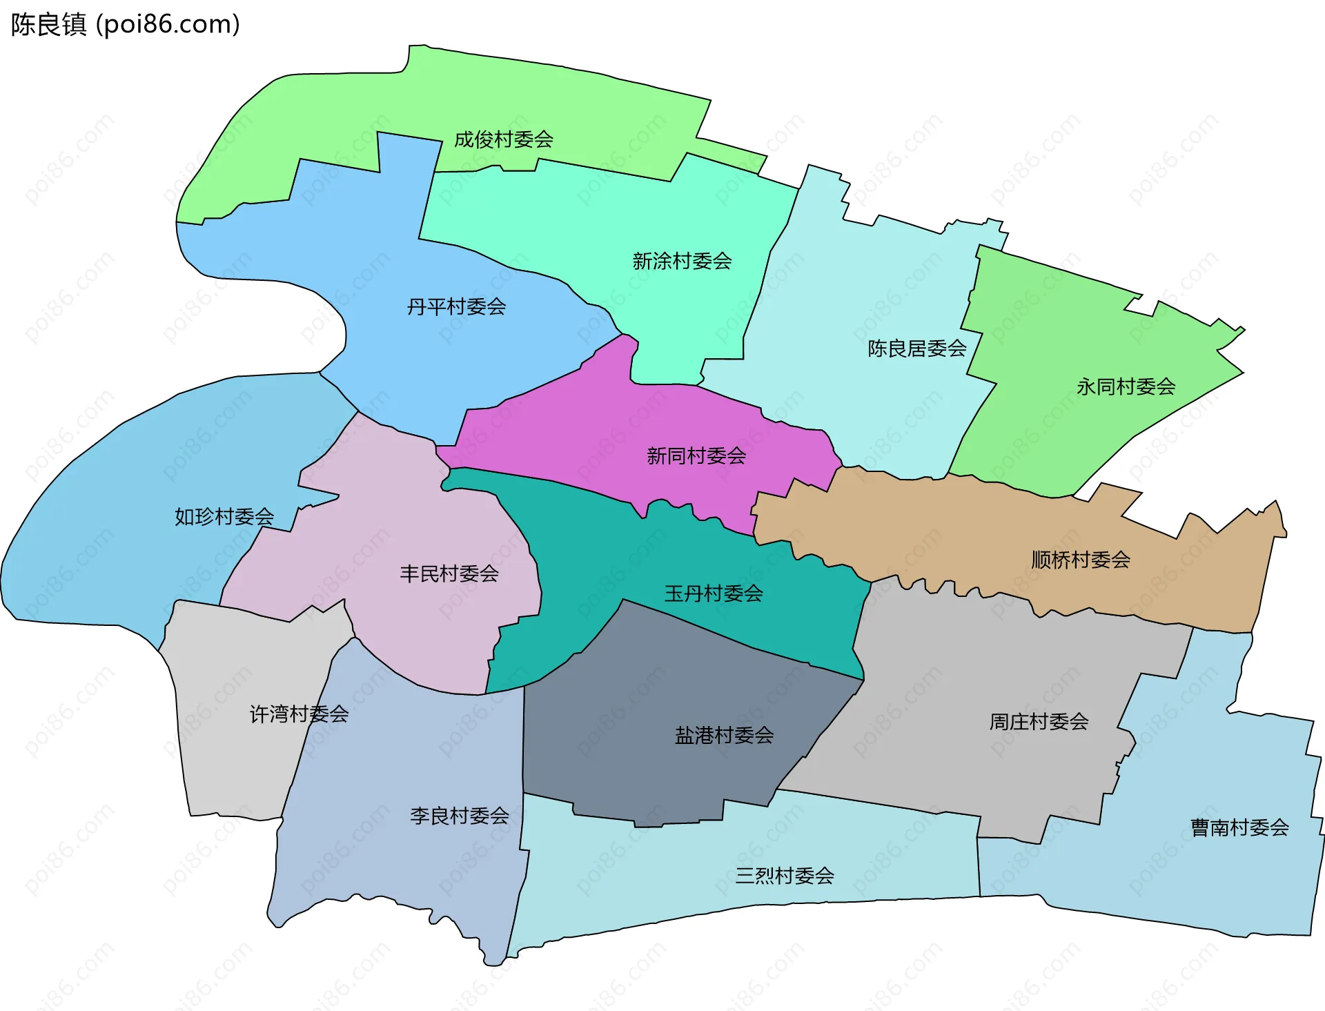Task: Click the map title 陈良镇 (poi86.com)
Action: tap(125, 24)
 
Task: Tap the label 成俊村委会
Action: tap(504, 139)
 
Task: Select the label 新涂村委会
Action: tap(682, 261)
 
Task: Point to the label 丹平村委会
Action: tap(456, 306)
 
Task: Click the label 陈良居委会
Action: tap(916, 349)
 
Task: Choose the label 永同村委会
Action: tap(1126, 386)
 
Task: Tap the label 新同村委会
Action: tap(696, 455)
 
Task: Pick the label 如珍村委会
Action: tap(224, 516)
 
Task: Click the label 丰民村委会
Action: tap(449, 573)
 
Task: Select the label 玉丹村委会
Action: tap(714, 593)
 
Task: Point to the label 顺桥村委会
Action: tap(1081, 560)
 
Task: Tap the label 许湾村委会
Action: tap(299, 714)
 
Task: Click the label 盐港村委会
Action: tap(724, 735)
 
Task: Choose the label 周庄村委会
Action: tap(1039, 722)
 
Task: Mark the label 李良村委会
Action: tap(460, 816)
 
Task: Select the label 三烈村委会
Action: tap(785, 876)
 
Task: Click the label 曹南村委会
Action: tap(1239, 827)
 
